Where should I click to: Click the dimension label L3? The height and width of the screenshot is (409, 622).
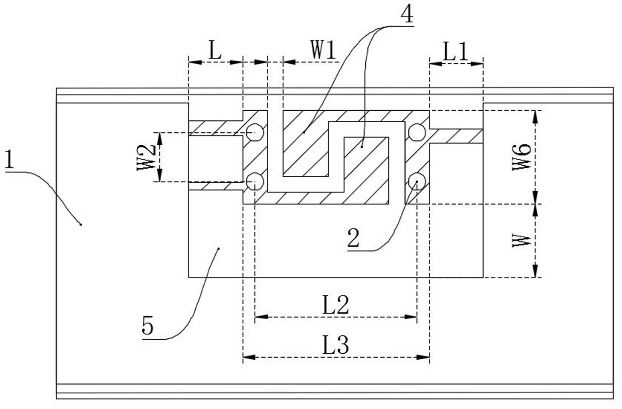click(335, 345)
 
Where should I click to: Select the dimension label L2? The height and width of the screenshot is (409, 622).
click(335, 305)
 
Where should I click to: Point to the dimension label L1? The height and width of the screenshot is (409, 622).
click(456, 51)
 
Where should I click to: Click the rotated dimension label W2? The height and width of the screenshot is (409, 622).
click(146, 158)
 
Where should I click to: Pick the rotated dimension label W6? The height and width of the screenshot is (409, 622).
click(522, 157)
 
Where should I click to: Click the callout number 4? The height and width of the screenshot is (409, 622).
click(407, 14)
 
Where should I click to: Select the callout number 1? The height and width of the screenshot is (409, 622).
click(10, 159)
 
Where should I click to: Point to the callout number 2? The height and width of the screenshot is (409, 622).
click(353, 238)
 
